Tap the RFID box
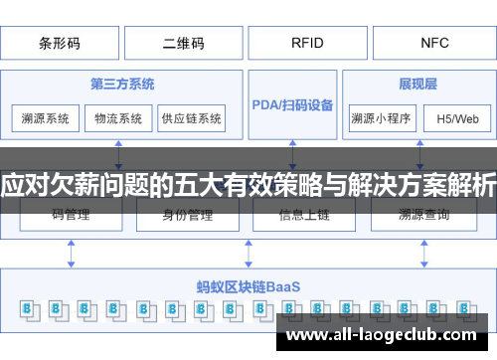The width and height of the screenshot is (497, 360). [306, 44]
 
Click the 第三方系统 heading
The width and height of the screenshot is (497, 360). [121, 85]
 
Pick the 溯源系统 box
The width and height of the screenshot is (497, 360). [46, 118]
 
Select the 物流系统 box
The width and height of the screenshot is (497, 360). [118, 118]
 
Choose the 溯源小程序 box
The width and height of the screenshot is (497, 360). [381, 118]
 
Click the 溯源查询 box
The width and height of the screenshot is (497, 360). [423, 214]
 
